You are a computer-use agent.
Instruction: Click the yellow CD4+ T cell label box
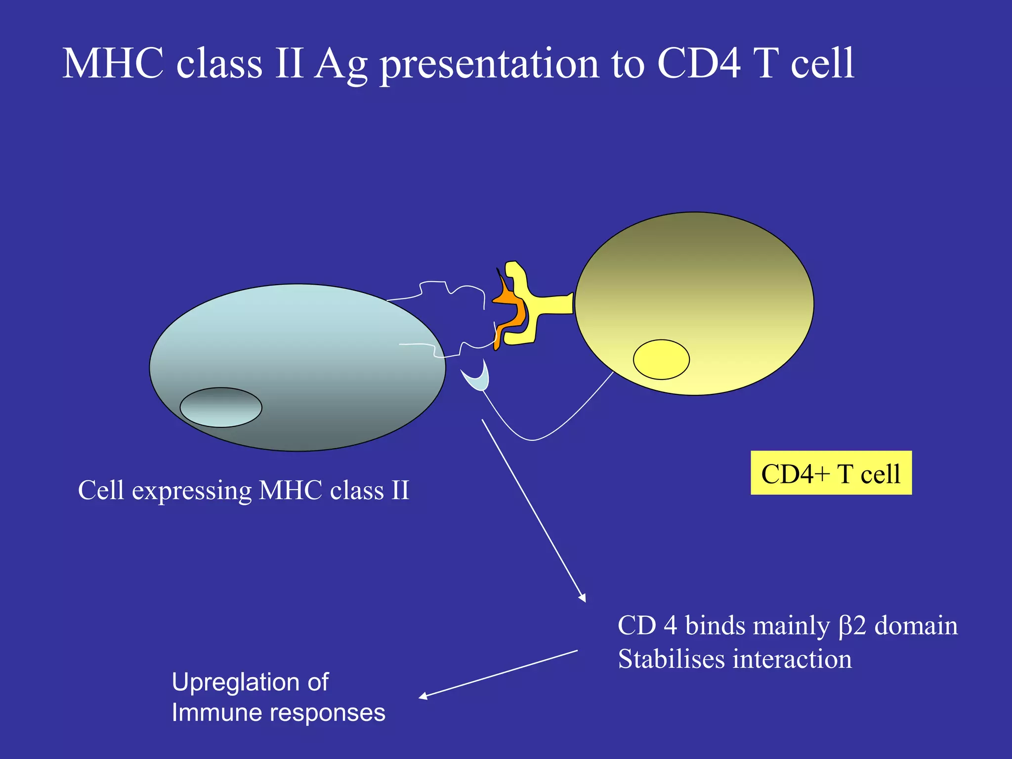click(831, 473)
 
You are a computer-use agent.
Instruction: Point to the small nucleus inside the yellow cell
click(661, 359)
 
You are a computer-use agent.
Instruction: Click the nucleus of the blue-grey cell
click(221, 407)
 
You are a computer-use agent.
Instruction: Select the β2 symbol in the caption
click(852, 626)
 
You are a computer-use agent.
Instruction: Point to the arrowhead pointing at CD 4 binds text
click(584, 598)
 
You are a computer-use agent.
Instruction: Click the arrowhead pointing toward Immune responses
click(422, 697)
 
